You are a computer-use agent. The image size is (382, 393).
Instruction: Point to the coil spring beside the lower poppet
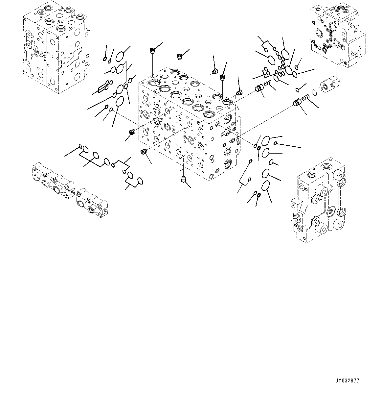pos(305,98)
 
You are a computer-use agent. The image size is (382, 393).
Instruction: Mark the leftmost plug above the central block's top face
pos(152,51)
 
